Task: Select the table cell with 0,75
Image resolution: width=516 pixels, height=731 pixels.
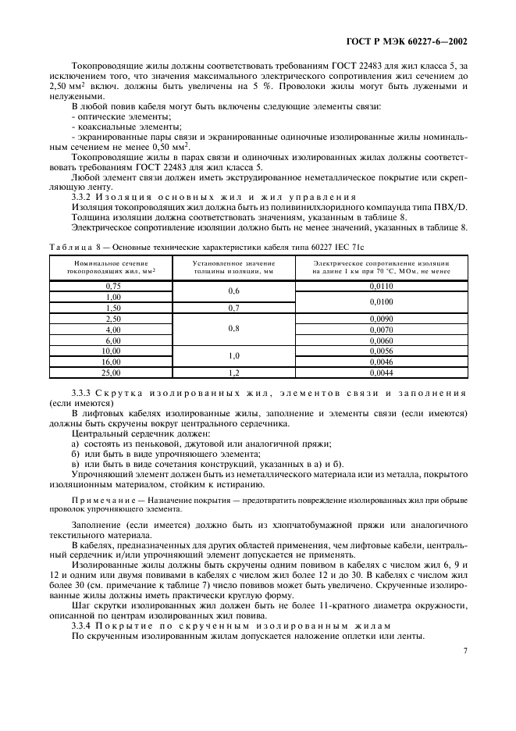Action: point(114,287)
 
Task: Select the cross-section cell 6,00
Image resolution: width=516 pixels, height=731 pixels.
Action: point(114,341)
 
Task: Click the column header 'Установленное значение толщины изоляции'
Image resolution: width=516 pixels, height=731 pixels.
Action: point(233,267)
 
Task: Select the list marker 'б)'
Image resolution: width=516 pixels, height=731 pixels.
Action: point(76,454)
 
